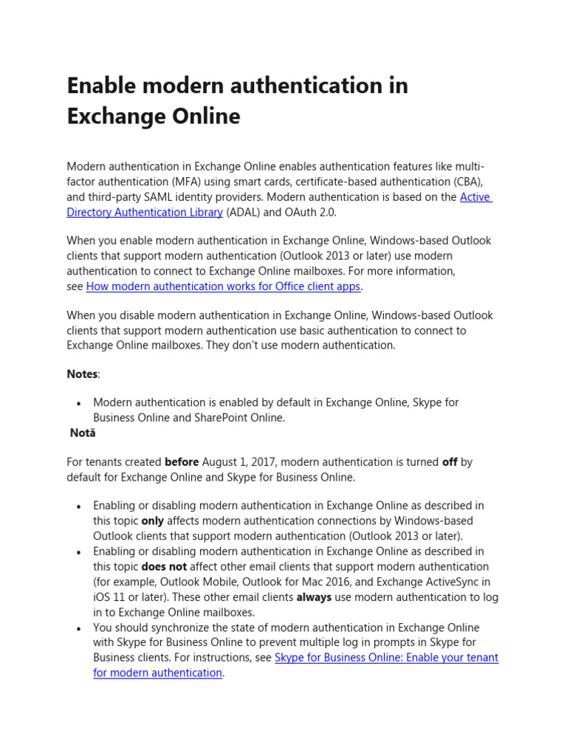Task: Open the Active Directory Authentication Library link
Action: (x=145, y=213)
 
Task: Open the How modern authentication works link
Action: (x=223, y=286)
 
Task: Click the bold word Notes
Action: (x=82, y=374)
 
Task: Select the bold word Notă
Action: (x=83, y=433)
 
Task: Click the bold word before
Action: (x=182, y=462)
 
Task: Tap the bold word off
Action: (x=450, y=462)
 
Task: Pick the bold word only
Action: (x=153, y=521)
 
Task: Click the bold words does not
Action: (x=164, y=567)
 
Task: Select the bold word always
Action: (x=314, y=597)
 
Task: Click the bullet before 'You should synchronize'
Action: (x=78, y=628)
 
